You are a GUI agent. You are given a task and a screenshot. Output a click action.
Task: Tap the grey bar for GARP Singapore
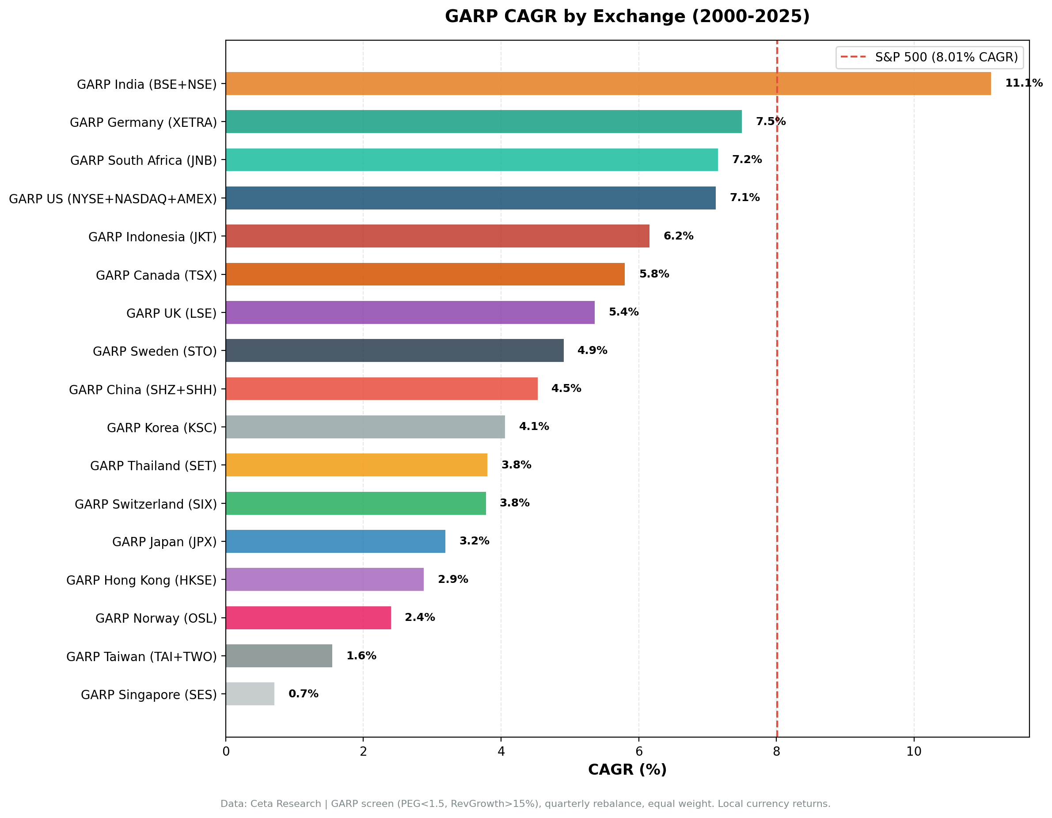coord(250,694)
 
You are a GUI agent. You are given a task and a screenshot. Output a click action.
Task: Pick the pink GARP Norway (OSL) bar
coord(308,618)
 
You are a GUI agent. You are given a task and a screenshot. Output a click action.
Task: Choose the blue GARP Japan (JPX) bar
coord(335,541)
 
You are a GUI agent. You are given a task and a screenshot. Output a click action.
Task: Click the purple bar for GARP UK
coord(410,312)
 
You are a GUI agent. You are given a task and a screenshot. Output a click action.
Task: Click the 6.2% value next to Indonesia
coord(678,236)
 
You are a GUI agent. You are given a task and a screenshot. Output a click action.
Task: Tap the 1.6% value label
coord(361,656)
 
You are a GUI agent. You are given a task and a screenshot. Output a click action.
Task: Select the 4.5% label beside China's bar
coord(566,388)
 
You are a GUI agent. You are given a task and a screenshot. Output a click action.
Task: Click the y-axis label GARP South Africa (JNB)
coord(144,160)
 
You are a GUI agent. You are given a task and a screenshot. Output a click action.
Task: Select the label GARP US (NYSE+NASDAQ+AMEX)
coord(113,198)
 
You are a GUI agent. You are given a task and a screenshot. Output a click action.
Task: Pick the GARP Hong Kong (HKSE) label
coord(142,580)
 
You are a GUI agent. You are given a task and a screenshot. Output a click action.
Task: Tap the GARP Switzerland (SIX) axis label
coord(145,504)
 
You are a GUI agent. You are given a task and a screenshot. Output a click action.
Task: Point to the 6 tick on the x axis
coord(639,752)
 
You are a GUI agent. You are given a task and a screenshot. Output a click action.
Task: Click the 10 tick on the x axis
coord(914,752)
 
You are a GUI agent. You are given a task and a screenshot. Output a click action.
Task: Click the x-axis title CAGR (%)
coord(627,769)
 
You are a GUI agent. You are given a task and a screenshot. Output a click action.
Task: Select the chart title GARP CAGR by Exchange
coord(627,16)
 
